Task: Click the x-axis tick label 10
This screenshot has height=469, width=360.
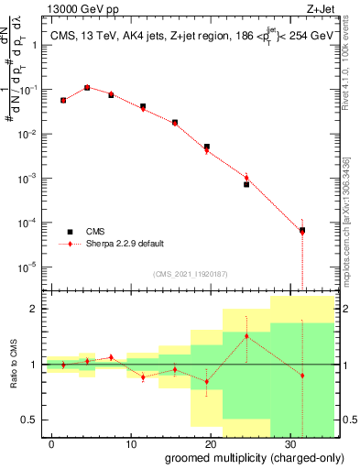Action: pos(131,443)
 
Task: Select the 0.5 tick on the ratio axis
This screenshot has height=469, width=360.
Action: pos(32,420)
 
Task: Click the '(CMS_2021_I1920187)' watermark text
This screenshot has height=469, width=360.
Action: pos(189,272)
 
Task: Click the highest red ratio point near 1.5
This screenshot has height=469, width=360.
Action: pos(246,336)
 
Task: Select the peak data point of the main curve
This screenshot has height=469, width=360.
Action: pos(87,88)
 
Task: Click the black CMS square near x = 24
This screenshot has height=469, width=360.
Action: pos(246,184)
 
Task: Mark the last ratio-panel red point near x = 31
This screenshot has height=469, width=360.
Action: pos(302,376)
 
